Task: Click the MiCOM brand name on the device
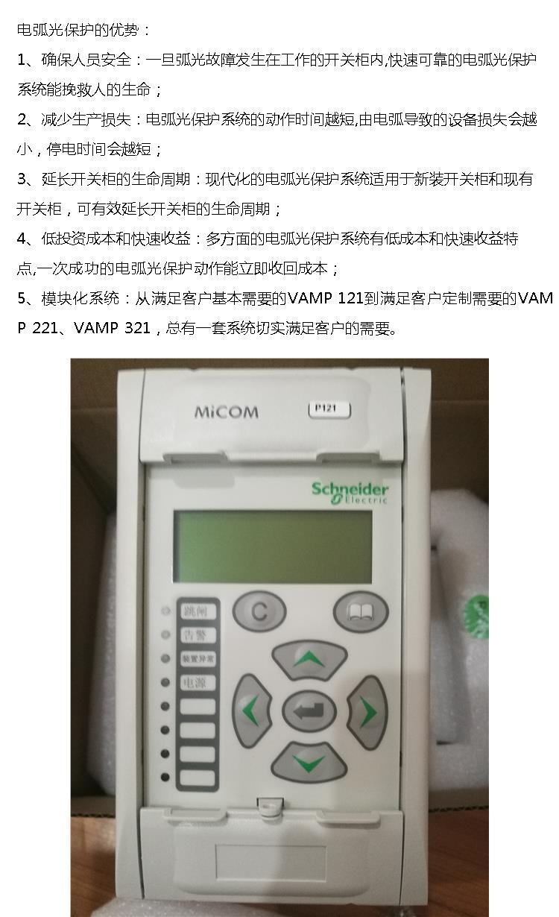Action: (227, 412)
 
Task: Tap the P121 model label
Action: (329, 409)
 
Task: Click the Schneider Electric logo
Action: (350, 493)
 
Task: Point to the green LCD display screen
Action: (273, 546)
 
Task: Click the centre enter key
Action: (309, 710)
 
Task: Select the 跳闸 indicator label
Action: (198, 611)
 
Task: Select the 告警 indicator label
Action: (198, 635)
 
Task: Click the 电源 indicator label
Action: (198, 682)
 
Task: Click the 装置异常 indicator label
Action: (198, 659)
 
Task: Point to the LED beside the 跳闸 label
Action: (165, 611)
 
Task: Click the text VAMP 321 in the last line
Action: (112, 327)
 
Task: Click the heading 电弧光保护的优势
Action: (78, 30)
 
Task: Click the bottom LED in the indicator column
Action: (165, 777)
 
